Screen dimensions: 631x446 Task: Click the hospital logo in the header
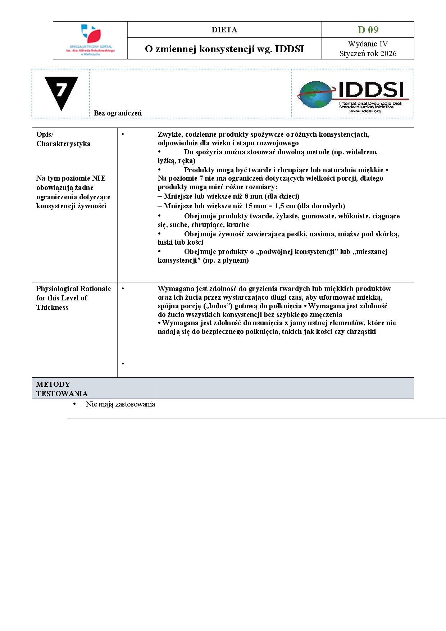point(90,40)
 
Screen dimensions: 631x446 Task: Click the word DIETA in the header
point(224,30)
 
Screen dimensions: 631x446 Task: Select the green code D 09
point(368,29)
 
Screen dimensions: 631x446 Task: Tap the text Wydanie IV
point(368,44)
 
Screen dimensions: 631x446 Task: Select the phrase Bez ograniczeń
point(118,113)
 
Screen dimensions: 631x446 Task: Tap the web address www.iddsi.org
point(365,111)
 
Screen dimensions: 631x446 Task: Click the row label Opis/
point(45,134)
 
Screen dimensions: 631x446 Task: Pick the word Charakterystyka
point(63,144)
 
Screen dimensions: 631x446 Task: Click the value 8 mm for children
point(254,196)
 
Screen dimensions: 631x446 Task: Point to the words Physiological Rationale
point(73,289)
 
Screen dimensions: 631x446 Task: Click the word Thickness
point(52,307)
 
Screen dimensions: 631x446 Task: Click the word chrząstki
point(361,331)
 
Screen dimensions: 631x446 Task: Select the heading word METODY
point(53,384)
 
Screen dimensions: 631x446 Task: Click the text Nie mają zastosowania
point(120,404)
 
